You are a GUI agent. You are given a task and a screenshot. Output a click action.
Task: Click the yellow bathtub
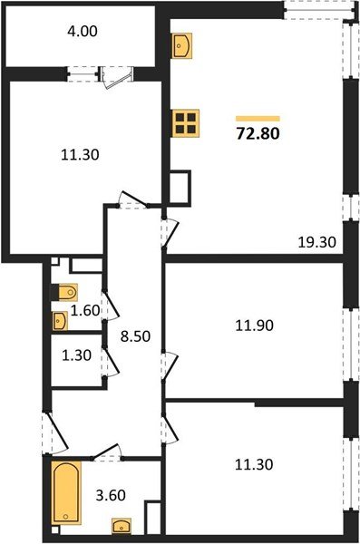pyautogui.click(x=66, y=491)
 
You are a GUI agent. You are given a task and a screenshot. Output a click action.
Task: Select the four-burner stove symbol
pyautogui.click(x=186, y=122)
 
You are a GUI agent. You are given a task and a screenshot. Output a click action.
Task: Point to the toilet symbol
pyautogui.click(x=65, y=293)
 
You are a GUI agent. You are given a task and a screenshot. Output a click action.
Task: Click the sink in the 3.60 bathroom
pyautogui.click(x=121, y=525)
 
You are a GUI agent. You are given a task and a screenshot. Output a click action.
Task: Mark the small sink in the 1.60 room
pyautogui.click(x=61, y=319)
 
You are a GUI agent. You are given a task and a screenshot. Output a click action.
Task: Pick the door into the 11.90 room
pyautogui.click(x=166, y=368)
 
